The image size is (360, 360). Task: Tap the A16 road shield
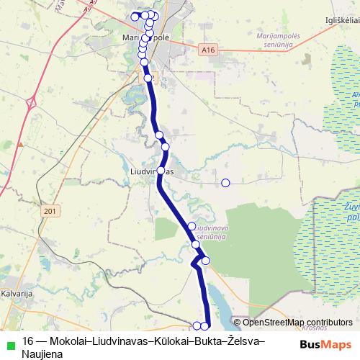pos(208,50)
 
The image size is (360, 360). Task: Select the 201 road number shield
pos(49,210)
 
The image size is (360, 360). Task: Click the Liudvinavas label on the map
pos(154,172)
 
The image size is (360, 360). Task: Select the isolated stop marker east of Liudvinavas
pos(225,183)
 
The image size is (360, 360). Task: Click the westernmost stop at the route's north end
pos(134,17)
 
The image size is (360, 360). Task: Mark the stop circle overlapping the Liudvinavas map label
pos(161,171)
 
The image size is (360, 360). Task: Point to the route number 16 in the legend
pos(29,341)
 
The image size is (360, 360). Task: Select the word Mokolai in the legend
pos(73,341)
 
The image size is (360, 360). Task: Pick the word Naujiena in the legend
pos(42,354)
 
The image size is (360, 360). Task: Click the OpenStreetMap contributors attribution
pos(297,323)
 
